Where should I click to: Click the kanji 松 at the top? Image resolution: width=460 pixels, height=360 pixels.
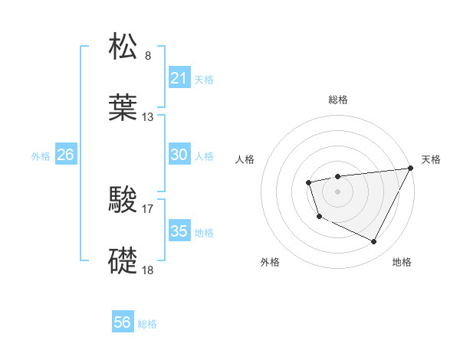click(x=124, y=47)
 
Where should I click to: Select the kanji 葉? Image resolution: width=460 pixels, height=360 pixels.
click(x=124, y=107)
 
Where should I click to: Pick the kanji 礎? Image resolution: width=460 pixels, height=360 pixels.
click(x=124, y=261)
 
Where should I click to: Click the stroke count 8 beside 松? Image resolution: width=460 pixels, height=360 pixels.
click(x=148, y=56)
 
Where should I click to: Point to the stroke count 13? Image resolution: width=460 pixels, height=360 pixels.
click(x=148, y=117)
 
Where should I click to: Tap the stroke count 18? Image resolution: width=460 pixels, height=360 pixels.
click(x=148, y=270)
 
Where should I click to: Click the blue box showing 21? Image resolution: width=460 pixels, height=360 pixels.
click(x=179, y=79)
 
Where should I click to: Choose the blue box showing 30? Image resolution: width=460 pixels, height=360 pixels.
click(x=179, y=155)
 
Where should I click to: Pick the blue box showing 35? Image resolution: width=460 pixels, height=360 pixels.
click(x=179, y=231)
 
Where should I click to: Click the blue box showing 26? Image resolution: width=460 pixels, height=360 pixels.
click(x=65, y=155)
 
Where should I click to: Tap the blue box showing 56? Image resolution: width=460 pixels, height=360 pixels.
click(x=122, y=322)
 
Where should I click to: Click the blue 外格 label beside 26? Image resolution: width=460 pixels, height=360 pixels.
click(x=41, y=155)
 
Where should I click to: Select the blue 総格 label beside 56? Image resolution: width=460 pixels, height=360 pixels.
click(x=147, y=323)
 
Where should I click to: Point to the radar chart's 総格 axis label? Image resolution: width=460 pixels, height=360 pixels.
click(x=337, y=100)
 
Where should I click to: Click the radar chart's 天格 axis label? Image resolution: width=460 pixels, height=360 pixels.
click(x=431, y=159)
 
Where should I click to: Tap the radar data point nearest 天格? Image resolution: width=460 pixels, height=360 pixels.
click(x=411, y=168)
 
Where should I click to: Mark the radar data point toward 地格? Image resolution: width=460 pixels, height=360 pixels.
click(x=373, y=242)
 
